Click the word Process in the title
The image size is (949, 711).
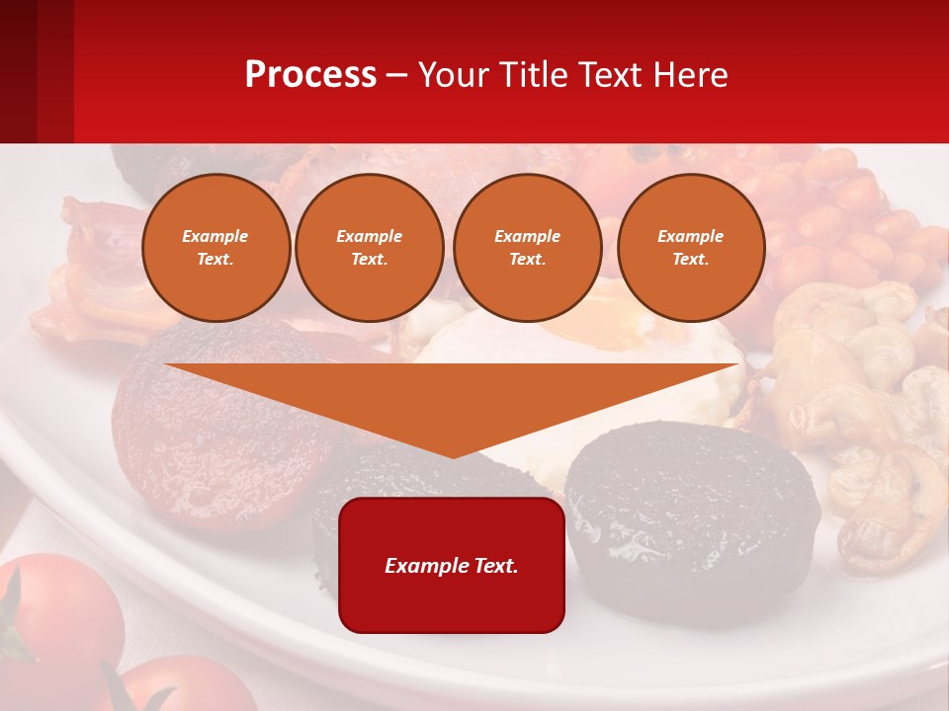310,75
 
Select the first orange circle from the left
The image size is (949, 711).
216,248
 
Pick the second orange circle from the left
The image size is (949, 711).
370,248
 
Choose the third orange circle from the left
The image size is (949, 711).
527,248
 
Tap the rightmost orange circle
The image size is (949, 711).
690,248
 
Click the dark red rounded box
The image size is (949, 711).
452,565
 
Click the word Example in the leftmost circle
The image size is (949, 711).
216,237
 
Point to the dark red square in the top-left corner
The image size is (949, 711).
37,71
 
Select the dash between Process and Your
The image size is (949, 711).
397,75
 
